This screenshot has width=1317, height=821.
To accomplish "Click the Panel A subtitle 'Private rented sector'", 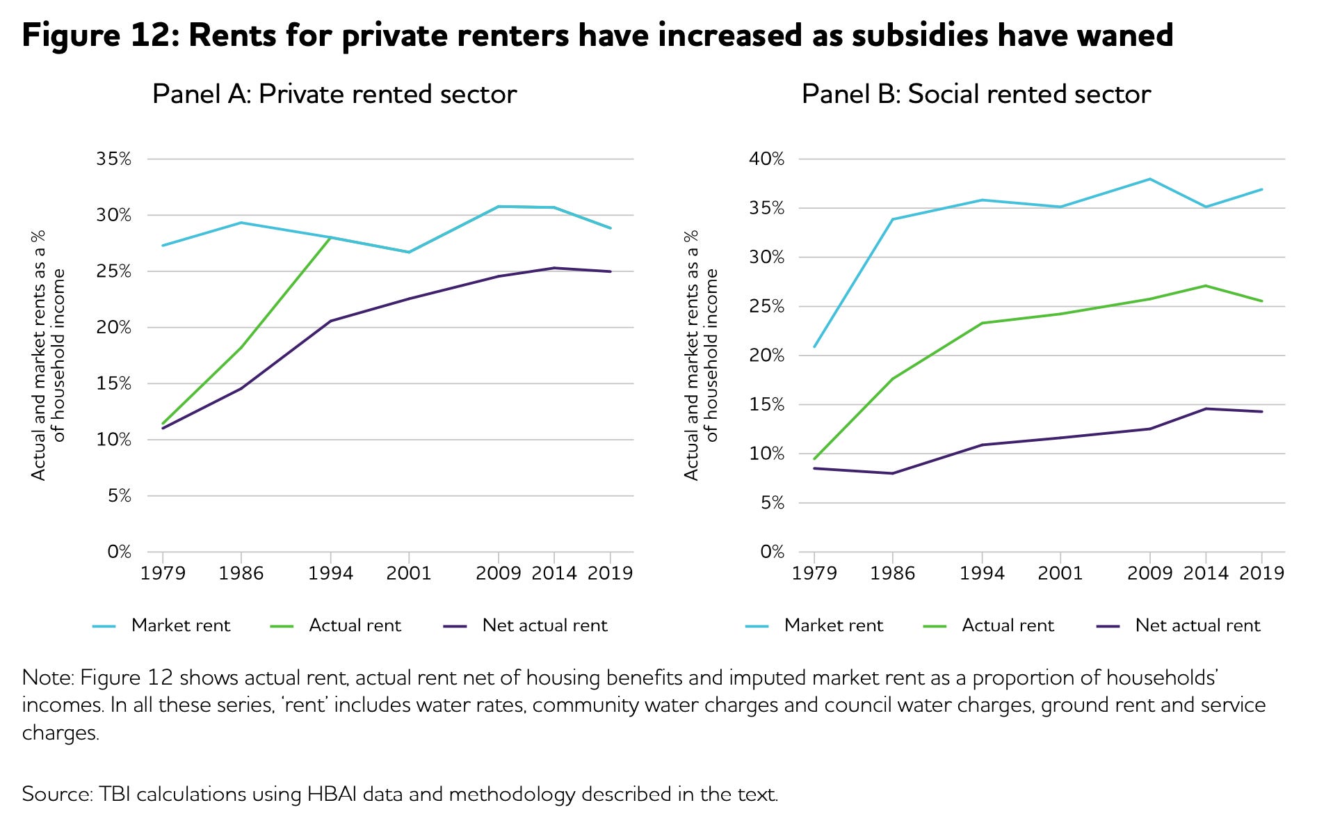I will [x=387, y=95].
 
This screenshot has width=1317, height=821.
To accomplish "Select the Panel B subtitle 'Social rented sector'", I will [x=1029, y=95].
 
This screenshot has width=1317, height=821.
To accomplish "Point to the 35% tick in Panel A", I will [x=113, y=159].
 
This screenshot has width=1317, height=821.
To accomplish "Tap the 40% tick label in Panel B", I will [x=766, y=159].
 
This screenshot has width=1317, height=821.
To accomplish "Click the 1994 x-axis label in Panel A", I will [x=330, y=573].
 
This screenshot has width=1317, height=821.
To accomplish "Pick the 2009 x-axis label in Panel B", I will [x=1150, y=573].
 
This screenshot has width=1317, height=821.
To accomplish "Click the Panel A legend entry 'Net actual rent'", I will [x=544, y=625].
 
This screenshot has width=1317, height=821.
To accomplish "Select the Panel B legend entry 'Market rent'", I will [x=833, y=625].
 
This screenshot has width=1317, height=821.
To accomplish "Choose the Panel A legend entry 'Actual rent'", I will [x=355, y=625].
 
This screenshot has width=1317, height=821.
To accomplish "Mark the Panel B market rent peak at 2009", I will [x=1150, y=179].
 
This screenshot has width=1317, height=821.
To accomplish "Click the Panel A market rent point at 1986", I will [x=241, y=223].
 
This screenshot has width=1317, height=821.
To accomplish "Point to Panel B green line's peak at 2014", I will [x=1206, y=285].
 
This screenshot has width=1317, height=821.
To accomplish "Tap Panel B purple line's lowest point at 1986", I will [x=893, y=473].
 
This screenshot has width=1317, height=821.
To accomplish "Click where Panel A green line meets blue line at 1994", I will [x=330, y=237].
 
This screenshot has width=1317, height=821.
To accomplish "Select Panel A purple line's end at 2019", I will [x=611, y=271].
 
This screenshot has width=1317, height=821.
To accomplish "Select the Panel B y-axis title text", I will [x=701, y=355].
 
